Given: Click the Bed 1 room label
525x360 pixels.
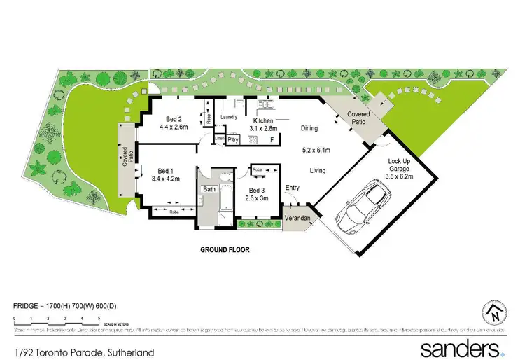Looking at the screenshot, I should (165, 171).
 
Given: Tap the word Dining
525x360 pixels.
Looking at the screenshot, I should (309, 128).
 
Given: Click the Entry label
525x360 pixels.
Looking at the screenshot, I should (292, 187).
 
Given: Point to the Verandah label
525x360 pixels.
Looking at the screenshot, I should (297, 219).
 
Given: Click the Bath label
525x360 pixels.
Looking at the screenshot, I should (209, 189).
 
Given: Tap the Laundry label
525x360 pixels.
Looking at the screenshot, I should (230, 117).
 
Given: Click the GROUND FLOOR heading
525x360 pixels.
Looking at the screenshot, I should (225, 249).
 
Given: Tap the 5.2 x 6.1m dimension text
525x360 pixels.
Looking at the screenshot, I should (313, 150).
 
